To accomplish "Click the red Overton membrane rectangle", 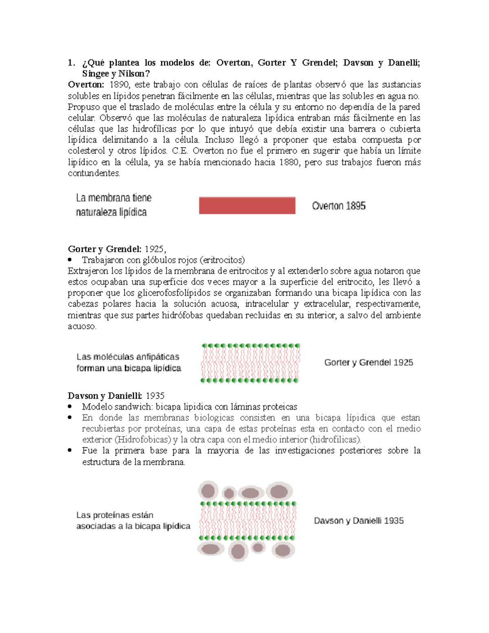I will [x=247, y=205].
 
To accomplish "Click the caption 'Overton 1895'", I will [x=339, y=206].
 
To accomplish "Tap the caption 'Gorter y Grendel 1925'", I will [x=368, y=362].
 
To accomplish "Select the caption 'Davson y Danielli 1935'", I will [x=359, y=521].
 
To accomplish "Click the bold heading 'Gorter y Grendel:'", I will [x=105, y=249].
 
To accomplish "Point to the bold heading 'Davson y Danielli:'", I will [x=105, y=396].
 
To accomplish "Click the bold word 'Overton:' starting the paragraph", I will [x=86, y=85].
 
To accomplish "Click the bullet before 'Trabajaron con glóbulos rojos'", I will [x=70, y=260].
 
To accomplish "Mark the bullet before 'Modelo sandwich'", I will [x=70, y=406].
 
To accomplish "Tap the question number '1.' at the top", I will [x=71, y=63].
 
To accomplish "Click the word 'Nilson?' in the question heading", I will [x=134, y=74].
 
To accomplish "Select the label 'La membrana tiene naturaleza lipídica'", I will [x=113, y=205].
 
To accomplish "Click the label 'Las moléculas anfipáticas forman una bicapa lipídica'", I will [x=128, y=362].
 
